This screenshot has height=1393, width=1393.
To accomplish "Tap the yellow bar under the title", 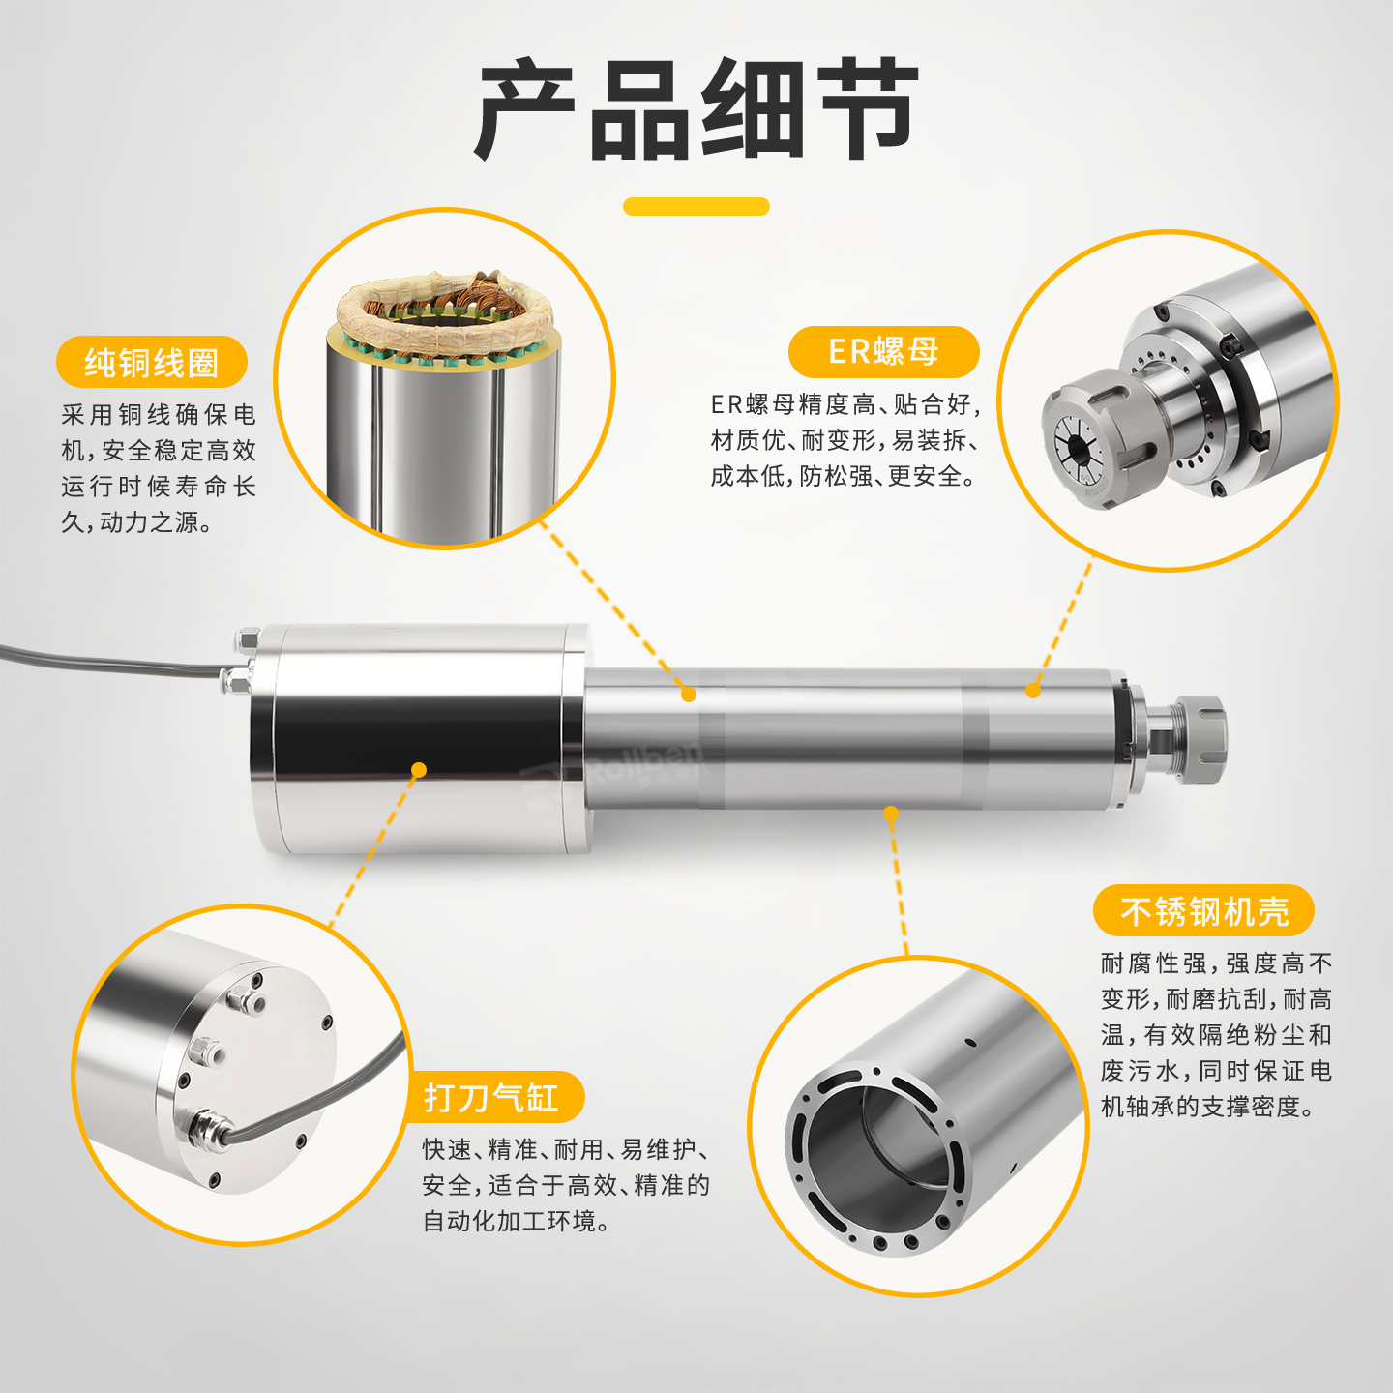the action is click(x=696, y=207).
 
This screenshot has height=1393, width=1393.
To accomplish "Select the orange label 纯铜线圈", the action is click(x=152, y=362).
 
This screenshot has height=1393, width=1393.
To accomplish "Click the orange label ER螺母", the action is click(x=883, y=352).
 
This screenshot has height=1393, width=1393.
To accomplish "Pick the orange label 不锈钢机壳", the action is click(x=1203, y=911).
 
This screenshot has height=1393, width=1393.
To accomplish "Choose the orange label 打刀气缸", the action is click(x=493, y=1097).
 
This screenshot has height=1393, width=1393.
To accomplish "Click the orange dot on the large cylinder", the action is click(x=419, y=770).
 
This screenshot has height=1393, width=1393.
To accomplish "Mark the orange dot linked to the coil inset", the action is click(x=689, y=695).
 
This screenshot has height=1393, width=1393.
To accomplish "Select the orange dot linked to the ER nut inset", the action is click(x=1033, y=691).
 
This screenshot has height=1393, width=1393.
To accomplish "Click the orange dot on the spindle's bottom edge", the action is click(x=891, y=814).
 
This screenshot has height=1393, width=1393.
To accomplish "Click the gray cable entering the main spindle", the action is click(x=108, y=660).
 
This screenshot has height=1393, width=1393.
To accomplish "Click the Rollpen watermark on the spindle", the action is click(x=614, y=774).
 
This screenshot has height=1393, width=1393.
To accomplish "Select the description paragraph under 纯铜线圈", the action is click(x=159, y=468).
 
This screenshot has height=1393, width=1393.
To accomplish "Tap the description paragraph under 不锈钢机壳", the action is click(x=1216, y=1034).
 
